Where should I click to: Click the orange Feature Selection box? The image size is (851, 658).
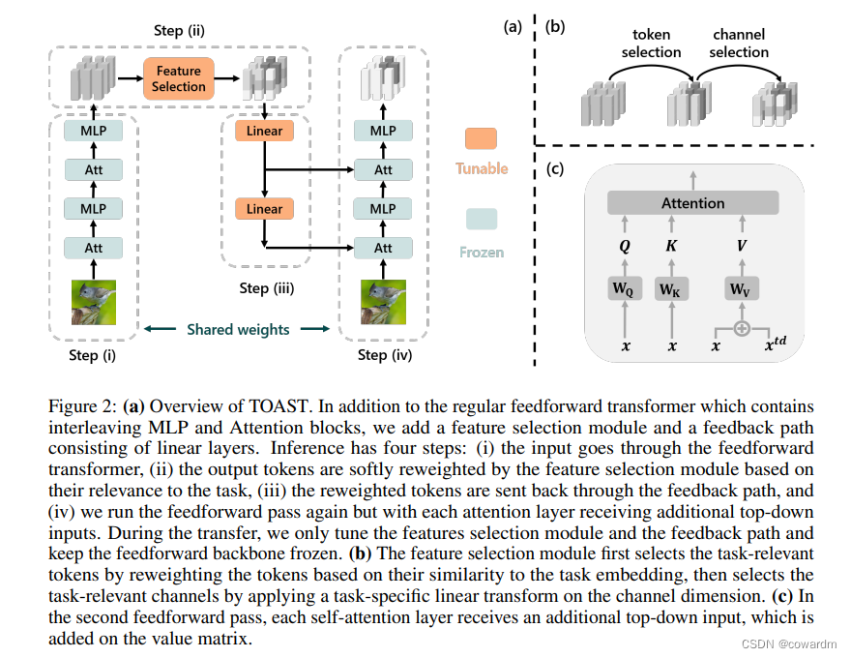click(x=179, y=78)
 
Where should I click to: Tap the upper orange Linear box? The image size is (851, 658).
click(x=264, y=131)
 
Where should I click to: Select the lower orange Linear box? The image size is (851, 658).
click(x=264, y=209)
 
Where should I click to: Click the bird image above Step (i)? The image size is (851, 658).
click(x=93, y=301)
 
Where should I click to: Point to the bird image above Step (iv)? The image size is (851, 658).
click(x=383, y=301)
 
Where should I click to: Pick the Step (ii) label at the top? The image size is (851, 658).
click(x=181, y=31)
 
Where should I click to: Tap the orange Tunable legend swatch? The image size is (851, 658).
click(x=481, y=138)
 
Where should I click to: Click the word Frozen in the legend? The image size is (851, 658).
click(x=482, y=252)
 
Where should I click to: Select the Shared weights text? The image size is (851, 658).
click(x=238, y=329)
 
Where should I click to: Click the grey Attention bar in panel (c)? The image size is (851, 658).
click(x=692, y=203)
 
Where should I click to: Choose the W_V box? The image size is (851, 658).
click(x=741, y=289)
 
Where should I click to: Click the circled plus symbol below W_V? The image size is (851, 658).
click(x=741, y=328)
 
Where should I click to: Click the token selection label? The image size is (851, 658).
click(x=652, y=44)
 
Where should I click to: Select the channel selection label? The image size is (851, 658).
click(x=741, y=44)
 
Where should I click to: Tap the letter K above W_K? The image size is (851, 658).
click(x=671, y=246)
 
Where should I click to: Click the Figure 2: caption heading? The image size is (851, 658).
click(x=84, y=406)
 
